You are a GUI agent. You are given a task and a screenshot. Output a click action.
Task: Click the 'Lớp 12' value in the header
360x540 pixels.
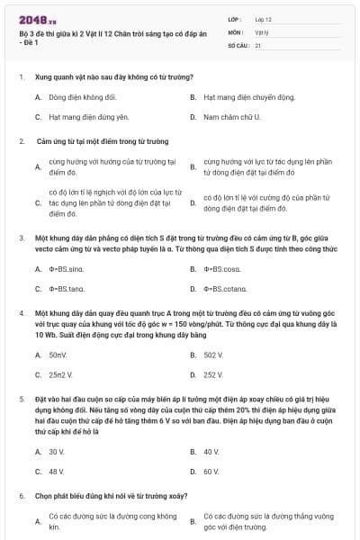click(263, 18)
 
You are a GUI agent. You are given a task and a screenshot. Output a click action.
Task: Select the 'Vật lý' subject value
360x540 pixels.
click(262, 31)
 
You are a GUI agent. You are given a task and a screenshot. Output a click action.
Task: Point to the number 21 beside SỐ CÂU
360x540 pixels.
click(258, 44)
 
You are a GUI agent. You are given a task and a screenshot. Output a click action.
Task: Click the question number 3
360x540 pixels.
click(21, 238)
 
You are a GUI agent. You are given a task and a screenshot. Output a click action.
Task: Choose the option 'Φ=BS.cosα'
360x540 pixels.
click(220, 268)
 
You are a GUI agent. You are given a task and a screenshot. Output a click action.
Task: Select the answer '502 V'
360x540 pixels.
click(212, 355)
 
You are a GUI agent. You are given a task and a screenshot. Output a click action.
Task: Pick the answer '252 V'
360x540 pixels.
click(212, 375)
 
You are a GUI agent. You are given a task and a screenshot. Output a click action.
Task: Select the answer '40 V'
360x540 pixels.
click(211, 451)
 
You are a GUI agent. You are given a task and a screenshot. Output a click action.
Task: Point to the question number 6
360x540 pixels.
click(21, 496)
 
